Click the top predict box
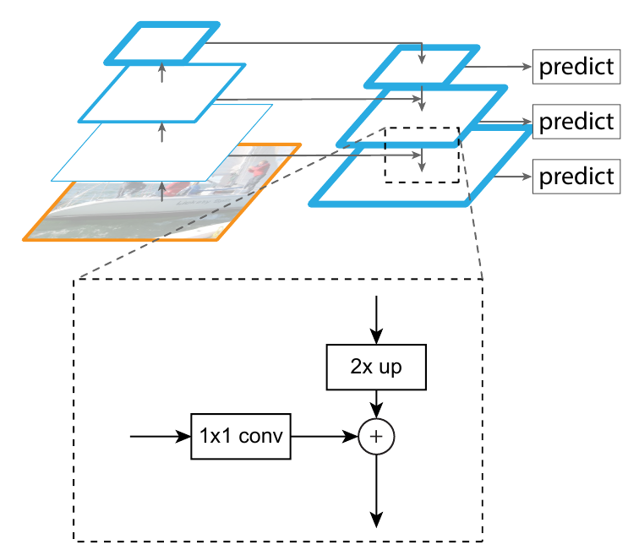pyautogui.click(x=576, y=67)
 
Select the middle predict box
pyautogui.click(x=576, y=122)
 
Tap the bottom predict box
pyautogui.click(x=576, y=177)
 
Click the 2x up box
pyautogui.click(x=376, y=367)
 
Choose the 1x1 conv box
pyautogui.click(x=241, y=436)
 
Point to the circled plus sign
pyautogui.click(x=376, y=436)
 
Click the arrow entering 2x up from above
pyautogui.click(x=376, y=320)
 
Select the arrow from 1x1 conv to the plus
pyautogui.click(x=325, y=436)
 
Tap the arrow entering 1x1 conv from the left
pyautogui.click(x=161, y=436)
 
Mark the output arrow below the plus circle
pyautogui.click(x=376, y=491)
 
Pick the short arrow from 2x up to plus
pyautogui.click(x=376, y=404)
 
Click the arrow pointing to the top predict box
pyautogui.click(x=499, y=67)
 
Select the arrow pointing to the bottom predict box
pyautogui.click(x=513, y=177)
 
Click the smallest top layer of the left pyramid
pyautogui.click(x=162, y=43)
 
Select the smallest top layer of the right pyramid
pyautogui.click(x=423, y=66)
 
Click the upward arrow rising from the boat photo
pyautogui.click(x=162, y=192)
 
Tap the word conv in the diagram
pyautogui.click(x=261, y=436)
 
